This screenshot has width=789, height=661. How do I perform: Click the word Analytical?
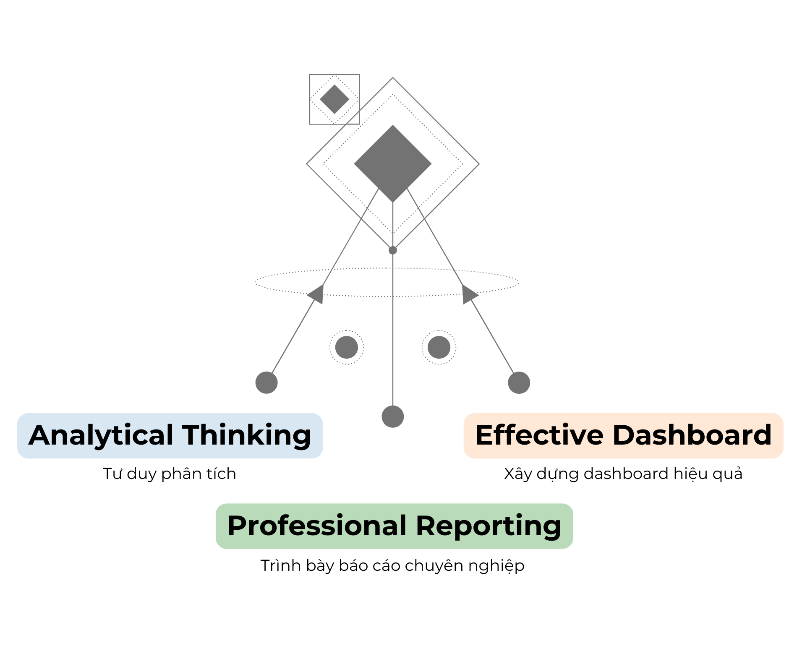(101, 435)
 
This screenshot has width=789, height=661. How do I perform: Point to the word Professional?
(317, 526)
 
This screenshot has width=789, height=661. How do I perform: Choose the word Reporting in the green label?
(489, 526)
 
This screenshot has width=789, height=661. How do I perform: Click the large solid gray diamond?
(393, 163)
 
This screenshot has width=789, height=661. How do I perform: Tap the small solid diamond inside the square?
(334, 99)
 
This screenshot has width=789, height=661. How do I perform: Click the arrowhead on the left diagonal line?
(317, 293)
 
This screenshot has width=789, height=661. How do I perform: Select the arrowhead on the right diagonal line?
(469, 293)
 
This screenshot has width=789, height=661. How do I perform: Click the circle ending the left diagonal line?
(266, 383)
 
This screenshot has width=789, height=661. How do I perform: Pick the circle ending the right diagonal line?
(519, 383)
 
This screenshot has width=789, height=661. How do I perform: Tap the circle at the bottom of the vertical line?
(393, 416)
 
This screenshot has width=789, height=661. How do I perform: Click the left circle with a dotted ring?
(347, 347)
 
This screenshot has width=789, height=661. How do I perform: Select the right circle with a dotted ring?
(439, 347)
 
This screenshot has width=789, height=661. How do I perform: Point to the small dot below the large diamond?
(393, 250)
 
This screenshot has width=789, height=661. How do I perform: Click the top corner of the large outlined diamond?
(393, 78)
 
